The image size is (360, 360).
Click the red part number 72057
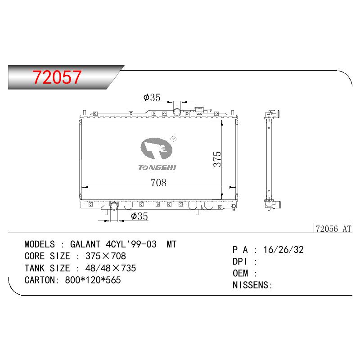click(57, 77)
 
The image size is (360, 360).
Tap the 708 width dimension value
click(158, 183)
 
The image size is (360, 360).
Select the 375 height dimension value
click(217, 159)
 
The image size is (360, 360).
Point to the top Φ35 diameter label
click(152, 97)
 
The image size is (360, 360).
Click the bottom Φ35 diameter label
click(139, 216)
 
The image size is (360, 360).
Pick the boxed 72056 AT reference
click(333, 229)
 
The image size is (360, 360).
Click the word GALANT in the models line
click(85, 244)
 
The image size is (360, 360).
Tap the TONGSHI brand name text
click(157, 167)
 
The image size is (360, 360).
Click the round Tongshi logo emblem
click(156, 148)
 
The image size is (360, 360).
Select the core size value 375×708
click(106, 256)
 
